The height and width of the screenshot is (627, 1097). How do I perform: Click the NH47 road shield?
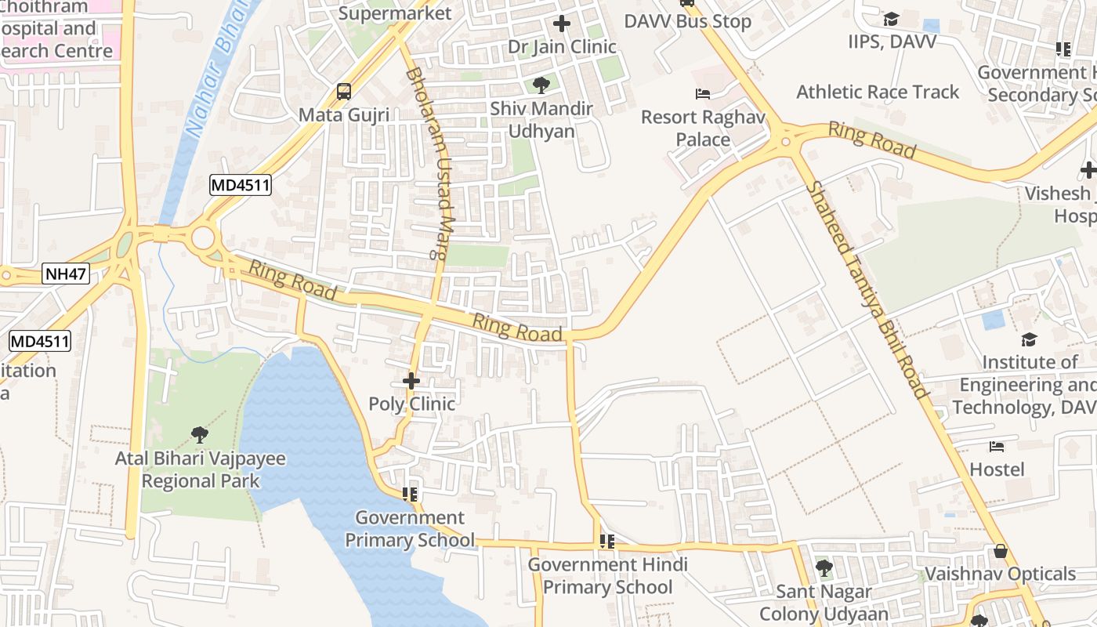coord(66,274)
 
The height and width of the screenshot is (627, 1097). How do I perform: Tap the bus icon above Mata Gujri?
coord(343,92)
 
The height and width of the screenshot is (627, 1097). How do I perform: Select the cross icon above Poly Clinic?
coord(411,382)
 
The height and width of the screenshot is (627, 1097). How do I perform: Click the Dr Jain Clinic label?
coord(562,47)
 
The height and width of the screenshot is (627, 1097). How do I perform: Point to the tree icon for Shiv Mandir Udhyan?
coord(541,85)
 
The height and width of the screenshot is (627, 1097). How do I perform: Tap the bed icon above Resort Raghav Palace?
coord(703,94)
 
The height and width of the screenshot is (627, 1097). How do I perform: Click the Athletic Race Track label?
coord(878,92)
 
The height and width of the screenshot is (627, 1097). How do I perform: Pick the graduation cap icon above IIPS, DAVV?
coord(891,19)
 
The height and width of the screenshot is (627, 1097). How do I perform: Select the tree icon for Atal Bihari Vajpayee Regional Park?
coord(200,433)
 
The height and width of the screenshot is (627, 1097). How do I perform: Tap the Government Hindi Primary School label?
coord(607,576)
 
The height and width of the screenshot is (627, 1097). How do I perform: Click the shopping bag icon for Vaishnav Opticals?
coord(1000,551)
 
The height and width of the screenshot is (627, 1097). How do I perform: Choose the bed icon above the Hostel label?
coord(997,447)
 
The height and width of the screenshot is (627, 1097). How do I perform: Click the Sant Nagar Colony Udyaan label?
coord(824,603)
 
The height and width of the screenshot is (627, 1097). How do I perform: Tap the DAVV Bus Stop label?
coord(688,21)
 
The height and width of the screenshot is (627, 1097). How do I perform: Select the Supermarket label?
coord(396,13)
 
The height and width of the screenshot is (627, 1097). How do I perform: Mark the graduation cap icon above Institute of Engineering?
coord(1029,339)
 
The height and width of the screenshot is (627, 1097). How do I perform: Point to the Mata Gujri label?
coord(344,115)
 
